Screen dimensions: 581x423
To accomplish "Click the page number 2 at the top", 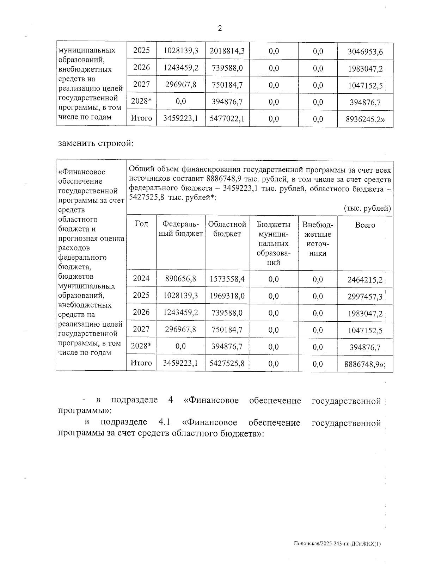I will (x=220, y=29).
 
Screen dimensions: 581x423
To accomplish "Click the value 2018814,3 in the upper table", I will (x=227, y=51).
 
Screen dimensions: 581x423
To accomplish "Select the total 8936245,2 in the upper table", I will (x=365, y=119).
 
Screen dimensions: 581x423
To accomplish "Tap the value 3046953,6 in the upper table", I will (x=365, y=52).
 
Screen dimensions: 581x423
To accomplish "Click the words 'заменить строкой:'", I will (x=96, y=143).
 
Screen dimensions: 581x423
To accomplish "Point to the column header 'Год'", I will (x=141, y=224).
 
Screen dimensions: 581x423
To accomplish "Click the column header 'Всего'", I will (x=365, y=225).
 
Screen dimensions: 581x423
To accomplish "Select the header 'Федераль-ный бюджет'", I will (x=180, y=229).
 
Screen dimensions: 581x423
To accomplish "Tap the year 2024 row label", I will (x=141, y=279).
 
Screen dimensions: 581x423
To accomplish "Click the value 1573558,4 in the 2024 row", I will (x=227, y=279).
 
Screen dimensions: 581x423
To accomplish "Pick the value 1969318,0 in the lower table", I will (x=227, y=296).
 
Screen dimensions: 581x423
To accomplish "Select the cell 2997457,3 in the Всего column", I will (x=364, y=297).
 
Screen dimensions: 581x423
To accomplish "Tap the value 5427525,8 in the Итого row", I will (x=227, y=363).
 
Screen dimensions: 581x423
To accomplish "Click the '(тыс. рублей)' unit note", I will (x=367, y=208).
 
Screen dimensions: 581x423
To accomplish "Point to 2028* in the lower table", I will (x=141, y=346).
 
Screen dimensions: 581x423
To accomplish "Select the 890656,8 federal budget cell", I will (x=180, y=279).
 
